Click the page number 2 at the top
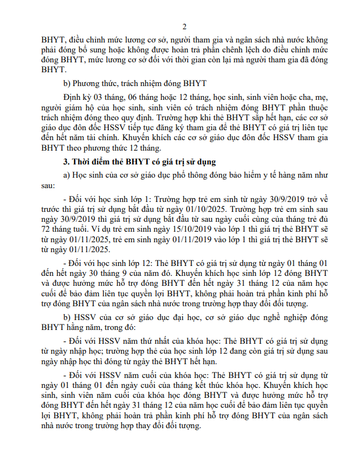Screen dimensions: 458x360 [184, 26]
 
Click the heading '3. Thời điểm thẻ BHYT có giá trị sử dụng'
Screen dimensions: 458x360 [140, 162]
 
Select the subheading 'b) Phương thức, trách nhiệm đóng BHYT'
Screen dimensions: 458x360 [135, 83]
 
